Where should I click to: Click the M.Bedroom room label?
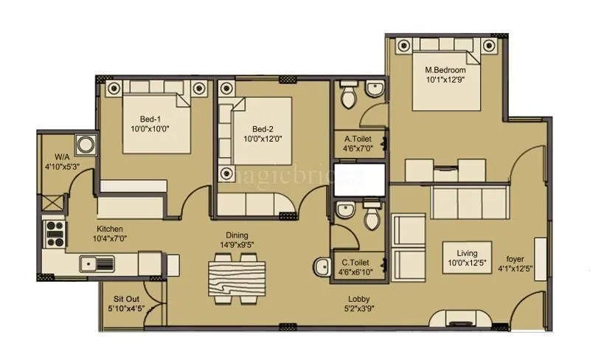tap(444, 71)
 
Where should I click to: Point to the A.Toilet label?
tap(357, 138)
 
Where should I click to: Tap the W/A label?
tap(62, 156)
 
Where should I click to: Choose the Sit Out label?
tap(127, 299)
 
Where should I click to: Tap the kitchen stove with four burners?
tap(55, 234)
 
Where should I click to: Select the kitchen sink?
tap(97, 262)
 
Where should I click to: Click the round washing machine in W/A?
tap(86, 142)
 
